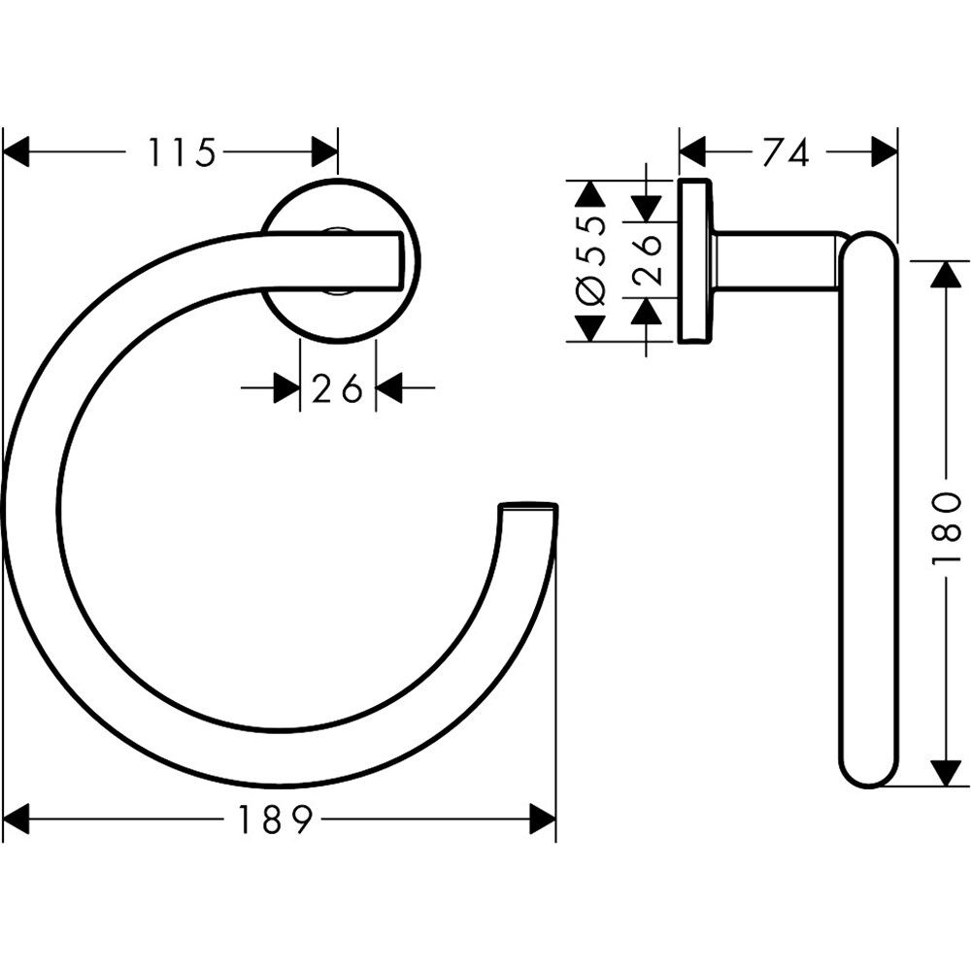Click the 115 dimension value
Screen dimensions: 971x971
(181, 152)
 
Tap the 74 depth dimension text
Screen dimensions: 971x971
(786, 152)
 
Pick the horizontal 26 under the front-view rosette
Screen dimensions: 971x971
(337, 389)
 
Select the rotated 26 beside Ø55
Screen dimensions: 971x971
(647, 258)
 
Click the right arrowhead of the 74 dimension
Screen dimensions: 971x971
(884, 152)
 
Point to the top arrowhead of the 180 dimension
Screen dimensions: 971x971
(947, 274)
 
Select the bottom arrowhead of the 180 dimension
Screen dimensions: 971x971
(947, 772)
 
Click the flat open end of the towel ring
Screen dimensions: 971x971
(528, 506)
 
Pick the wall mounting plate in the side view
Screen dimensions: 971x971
(692, 260)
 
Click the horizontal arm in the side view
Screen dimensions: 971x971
(777, 260)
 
